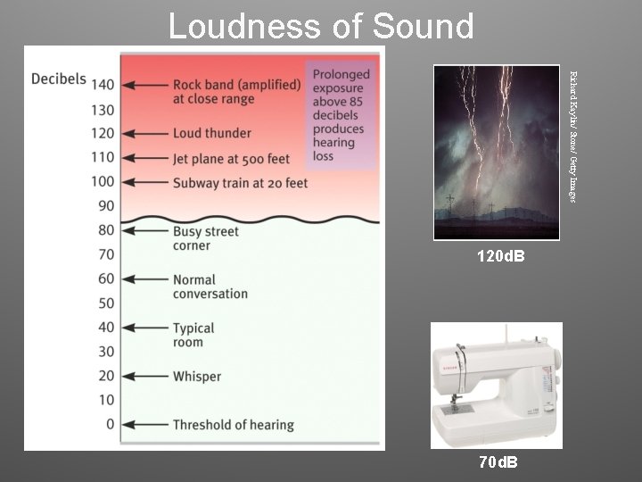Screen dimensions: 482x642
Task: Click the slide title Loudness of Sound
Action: click(321, 27)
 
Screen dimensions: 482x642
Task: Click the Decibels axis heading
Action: click(59, 79)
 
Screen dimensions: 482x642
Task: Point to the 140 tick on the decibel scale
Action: click(103, 85)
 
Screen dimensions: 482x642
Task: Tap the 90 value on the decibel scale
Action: click(106, 205)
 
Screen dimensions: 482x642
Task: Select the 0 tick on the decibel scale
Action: click(110, 424)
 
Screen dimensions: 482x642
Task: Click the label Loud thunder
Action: click(212, 133)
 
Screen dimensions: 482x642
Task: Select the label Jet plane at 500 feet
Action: click(232, 159)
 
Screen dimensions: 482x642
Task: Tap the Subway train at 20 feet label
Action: click(240, 183)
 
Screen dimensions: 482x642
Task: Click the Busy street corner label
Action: click(205, 238)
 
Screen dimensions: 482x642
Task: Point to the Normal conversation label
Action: click(210, 287)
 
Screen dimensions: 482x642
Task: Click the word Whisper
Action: click(196, 377)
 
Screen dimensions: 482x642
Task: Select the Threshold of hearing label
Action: click(233, 425)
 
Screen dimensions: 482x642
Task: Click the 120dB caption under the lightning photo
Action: click(500, 257)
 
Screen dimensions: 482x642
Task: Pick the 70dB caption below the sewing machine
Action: click(498, 461)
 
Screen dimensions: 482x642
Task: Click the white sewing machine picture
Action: click(496, 385)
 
